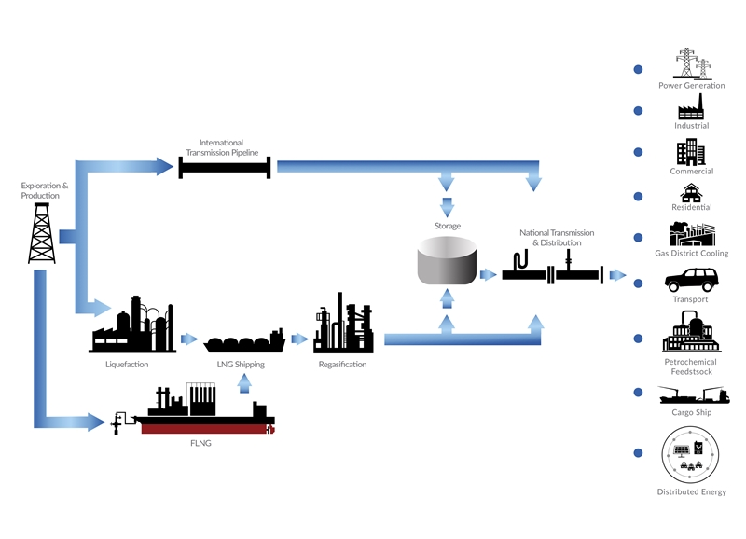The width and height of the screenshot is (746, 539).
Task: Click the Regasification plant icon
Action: pos(342,325)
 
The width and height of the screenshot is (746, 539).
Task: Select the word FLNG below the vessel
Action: pos(200,443)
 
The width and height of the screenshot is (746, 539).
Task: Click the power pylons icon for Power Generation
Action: pos(692,63)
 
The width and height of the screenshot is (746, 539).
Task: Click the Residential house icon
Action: pos(691,193)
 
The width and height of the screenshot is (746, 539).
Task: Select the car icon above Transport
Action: pos(692,280)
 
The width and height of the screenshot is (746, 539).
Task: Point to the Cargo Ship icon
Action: pos(692,394)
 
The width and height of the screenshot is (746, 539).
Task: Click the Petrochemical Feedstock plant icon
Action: pos(691,331)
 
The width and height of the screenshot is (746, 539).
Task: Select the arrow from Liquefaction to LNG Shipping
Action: pos(190,339)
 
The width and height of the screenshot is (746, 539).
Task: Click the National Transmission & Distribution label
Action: pos(557,237)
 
